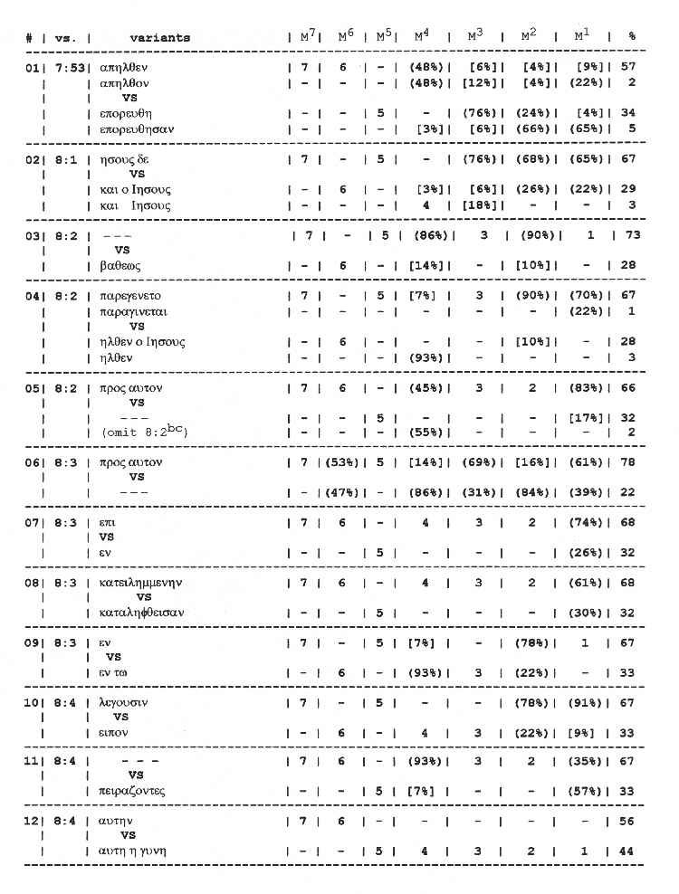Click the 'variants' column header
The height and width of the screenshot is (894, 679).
[x=159, y=39]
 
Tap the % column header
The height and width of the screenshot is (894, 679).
[x=632, y=38]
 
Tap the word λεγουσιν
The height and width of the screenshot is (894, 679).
[x=125, y=702]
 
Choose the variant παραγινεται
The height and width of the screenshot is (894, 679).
[x=134, y=311]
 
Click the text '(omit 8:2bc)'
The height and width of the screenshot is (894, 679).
[x=145, y=433]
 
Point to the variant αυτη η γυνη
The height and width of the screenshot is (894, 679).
[x=134, y=851]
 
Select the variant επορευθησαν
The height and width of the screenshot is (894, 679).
[x=137, y=128]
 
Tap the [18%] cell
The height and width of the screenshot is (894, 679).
[x=477, y=205]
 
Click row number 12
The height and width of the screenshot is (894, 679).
[x=32, y=821]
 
